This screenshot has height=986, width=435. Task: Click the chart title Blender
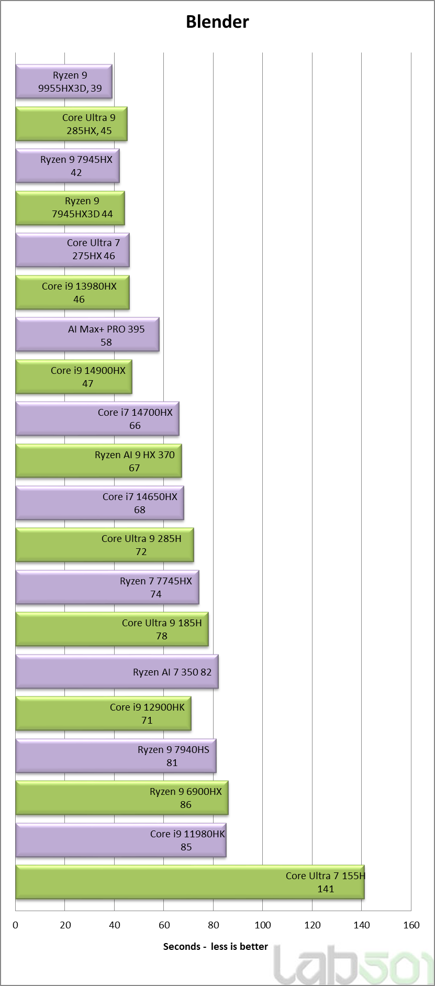(x=217, y=21)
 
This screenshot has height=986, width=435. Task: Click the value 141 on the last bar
(x=326, y=889)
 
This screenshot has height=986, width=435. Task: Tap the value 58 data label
(x=106, y=342)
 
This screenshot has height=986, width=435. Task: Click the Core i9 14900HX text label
(x=88, y=371)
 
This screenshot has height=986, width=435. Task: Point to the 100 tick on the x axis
(x=263, y=925)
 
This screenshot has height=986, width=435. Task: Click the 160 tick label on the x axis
(x=411, y=925)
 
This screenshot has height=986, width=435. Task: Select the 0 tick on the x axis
(x=16, y=925)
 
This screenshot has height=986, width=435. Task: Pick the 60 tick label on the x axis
(x=164, y=925)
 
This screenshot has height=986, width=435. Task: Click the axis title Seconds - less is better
(x=215, y=946)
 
